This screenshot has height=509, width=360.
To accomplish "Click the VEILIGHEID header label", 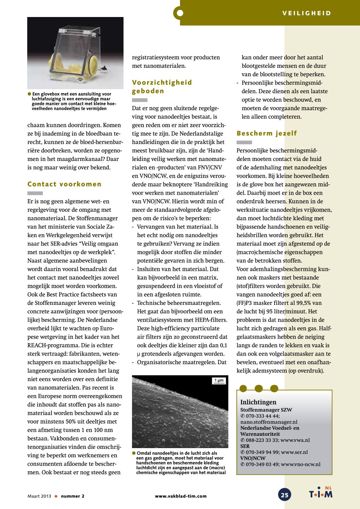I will (x=306, y=13).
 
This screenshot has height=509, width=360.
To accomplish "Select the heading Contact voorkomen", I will (x=64, y=184).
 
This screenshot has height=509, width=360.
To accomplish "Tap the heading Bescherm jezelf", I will (x=266, y=133).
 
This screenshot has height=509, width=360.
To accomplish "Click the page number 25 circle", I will (x=284, y=495).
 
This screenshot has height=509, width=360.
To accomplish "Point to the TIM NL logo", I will (x=321, y=493).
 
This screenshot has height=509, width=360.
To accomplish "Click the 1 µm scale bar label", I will (x=219, y=380).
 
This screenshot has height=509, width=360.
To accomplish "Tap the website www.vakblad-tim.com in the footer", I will (x=181, y=496).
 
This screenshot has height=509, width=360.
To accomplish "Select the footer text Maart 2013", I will (x=39, y=496).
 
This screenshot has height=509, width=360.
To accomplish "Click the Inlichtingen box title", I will (x=258, y=402).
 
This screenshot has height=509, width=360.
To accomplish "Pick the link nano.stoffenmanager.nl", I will (x=269, y=422).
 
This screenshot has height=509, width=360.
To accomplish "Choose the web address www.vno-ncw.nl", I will (x=300, y=464).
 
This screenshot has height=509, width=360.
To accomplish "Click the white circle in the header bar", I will (x=180, y=13).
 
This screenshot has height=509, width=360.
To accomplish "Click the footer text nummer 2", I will (x=72, y=496).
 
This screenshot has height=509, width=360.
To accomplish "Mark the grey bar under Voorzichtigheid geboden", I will (x=140, y=100).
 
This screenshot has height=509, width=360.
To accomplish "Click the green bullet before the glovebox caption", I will (x=30, y=94).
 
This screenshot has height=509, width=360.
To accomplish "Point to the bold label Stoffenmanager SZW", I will (x=266, y=410).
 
